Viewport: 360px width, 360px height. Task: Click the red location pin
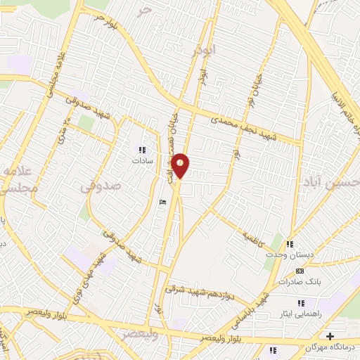click(x=181, y=165)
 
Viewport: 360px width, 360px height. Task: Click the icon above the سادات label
click(x=143, y=149)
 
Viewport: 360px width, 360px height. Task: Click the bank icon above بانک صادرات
click(x=300, y=271)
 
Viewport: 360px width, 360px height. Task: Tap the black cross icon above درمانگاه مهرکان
click(x=330, y=327)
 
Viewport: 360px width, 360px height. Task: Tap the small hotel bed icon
click(x=163, y=202)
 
